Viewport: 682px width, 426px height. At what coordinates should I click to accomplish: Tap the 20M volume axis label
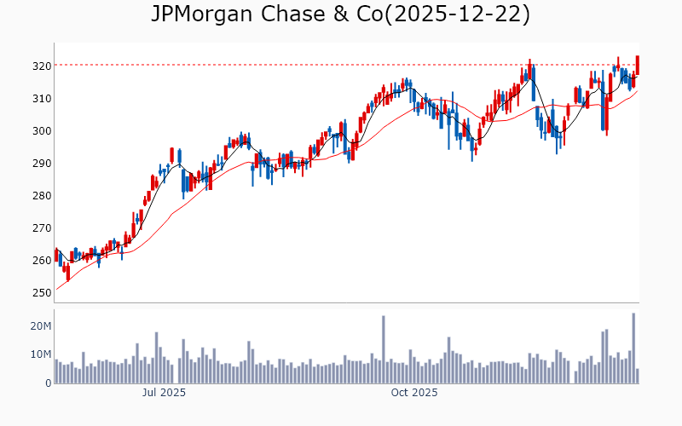click(41, 326)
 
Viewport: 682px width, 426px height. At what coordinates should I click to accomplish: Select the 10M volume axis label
click(41, 354)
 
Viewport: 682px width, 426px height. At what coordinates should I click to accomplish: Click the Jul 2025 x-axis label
click(164, 393)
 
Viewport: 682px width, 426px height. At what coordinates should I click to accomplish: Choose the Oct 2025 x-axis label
click(413, 393)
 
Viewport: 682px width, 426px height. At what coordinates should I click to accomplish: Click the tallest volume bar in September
click(384, 350)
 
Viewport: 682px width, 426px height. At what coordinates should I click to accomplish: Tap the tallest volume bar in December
click(633, 348)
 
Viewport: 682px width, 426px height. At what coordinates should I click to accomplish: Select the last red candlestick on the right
click(638, 65)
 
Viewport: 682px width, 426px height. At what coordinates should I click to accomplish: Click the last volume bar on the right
click(638, 376)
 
